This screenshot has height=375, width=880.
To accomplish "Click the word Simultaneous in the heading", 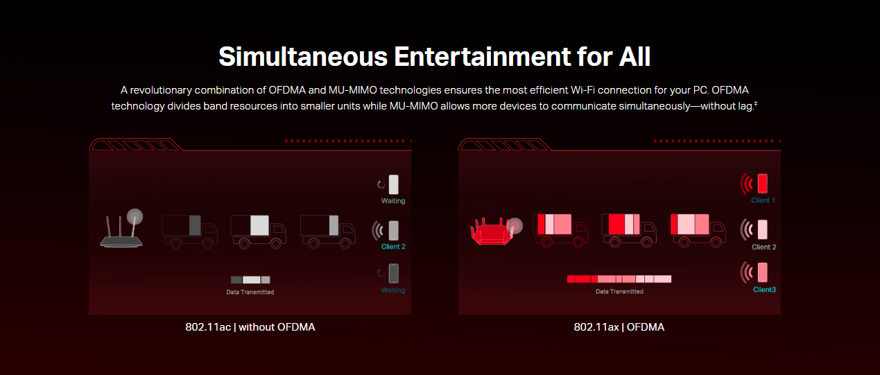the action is coord(303,57).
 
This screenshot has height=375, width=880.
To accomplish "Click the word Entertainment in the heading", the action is coord(483,57).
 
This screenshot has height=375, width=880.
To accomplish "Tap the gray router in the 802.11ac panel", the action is coord(121,229).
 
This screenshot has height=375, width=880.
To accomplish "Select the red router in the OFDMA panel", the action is coord(494,232).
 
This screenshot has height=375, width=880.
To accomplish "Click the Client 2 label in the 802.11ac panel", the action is coord(393,247).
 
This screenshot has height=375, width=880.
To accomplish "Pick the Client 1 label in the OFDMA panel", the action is coord(763,200).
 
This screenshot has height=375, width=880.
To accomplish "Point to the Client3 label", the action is coord(764,290).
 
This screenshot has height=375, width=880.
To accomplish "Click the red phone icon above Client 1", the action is coord(763,184).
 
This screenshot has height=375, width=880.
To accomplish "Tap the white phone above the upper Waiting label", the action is coord(394,184).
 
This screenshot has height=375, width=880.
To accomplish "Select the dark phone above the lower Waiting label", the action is coord(394,273).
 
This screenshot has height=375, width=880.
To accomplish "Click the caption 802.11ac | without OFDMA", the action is coord(250,327).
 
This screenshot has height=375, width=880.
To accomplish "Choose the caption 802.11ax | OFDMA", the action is coord(619,327).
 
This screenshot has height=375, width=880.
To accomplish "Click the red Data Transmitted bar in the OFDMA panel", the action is coord(619,279).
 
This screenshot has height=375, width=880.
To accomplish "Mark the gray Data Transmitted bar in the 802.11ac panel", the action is coord(250,279).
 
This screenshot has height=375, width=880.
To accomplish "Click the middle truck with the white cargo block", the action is coord(258,232).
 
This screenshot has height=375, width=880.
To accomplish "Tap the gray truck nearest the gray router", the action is coord(190,232).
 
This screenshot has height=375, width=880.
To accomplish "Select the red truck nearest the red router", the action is coord(561,230).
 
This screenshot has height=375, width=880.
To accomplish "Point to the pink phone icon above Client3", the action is coord(763,272).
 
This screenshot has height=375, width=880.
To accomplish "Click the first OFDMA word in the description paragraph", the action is coord(287,90).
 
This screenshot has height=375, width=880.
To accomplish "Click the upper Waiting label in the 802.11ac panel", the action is coord(393,200).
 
